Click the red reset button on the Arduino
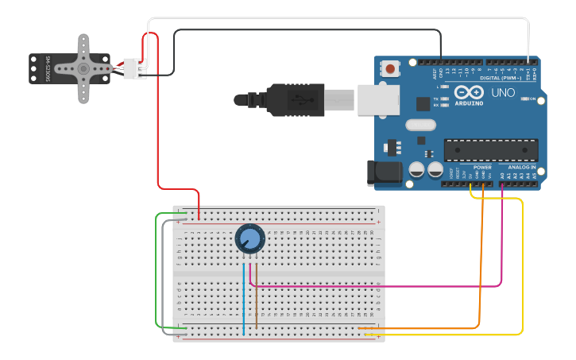click(x=391, y=70)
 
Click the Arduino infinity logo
click(x=469, y=93)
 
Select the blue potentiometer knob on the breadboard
click(x=249, y=238)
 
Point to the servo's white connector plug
click(x=135, y=69)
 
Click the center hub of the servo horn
click(x=83, y=68)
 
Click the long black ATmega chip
click(x=491, y=149)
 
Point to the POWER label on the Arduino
click(x=482, y=168)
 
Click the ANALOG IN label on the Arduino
click(x=522, y=168)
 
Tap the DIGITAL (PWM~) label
click(x=501, y=78)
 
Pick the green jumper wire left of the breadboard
click(x=156, y=270)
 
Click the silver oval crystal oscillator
click(x=421, y=124)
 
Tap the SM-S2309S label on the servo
click(x=48, y=68)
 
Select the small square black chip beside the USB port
click(x=423, y=103)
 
